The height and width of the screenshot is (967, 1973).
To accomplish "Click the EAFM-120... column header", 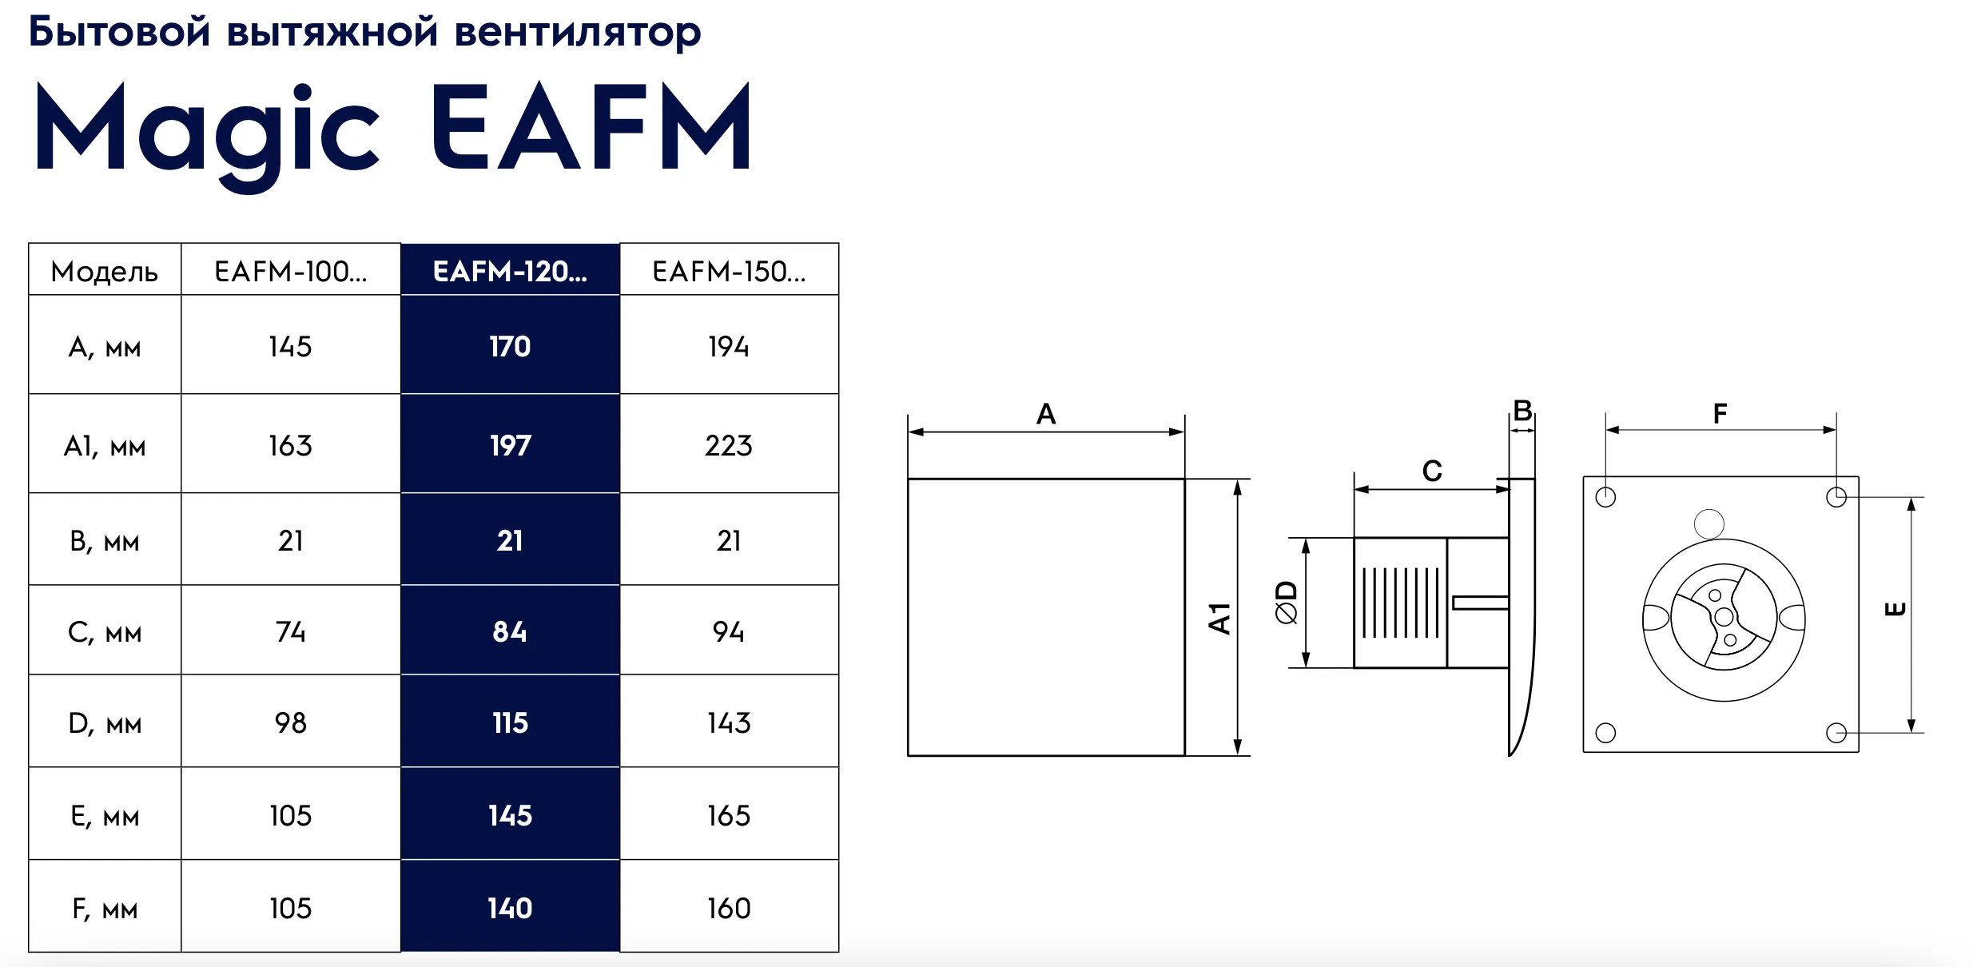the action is [510, 272].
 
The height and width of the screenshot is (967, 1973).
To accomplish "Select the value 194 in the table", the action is [729, 347].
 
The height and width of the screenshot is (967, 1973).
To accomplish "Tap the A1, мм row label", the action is [105, 446].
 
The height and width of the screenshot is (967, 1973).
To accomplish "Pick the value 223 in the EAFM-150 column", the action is [729, 445].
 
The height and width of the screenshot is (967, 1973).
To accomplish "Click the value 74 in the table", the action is [291, 632].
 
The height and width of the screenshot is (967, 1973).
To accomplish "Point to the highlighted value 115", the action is [510, 723].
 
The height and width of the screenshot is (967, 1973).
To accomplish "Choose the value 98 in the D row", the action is [291, 723].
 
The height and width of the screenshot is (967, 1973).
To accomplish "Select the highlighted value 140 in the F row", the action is [510, 909].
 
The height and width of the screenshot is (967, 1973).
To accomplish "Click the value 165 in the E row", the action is [729, 816].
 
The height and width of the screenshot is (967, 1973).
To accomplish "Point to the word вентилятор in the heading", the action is [578, 34].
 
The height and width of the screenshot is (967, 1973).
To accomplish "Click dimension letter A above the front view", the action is [1046, 414].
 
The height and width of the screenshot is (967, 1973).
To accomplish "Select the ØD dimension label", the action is [1287, 603].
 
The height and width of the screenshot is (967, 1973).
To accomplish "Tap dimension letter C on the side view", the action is [1432, 471].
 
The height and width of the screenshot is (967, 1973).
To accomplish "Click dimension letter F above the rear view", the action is [1720, 413].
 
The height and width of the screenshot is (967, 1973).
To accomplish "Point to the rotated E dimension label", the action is [1895, 610].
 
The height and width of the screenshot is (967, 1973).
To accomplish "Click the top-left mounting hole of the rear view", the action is [1605, 497].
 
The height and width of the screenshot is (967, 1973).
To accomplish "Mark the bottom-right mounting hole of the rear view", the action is [1836, 733].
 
